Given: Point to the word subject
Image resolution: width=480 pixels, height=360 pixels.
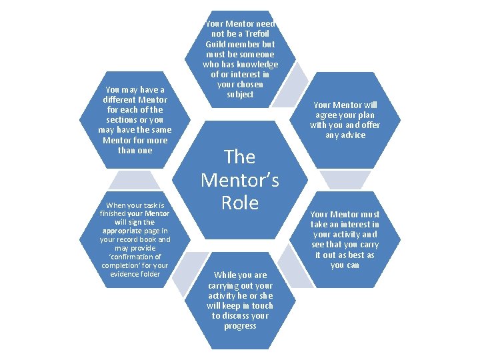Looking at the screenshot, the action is (240, 95).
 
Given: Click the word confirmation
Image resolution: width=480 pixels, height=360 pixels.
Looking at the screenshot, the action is (134, 257).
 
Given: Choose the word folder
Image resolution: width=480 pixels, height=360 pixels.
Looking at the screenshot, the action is (151, 273).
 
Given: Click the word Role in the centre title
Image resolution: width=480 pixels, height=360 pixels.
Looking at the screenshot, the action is (240, 203).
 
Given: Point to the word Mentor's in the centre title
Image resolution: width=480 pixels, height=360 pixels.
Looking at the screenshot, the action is (240, 180).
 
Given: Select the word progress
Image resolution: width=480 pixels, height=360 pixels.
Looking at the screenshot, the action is (240, 326).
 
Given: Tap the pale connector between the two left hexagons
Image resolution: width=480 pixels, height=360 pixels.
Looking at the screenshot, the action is (135, 180).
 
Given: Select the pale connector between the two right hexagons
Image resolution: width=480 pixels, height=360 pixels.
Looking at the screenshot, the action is (345, 179).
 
